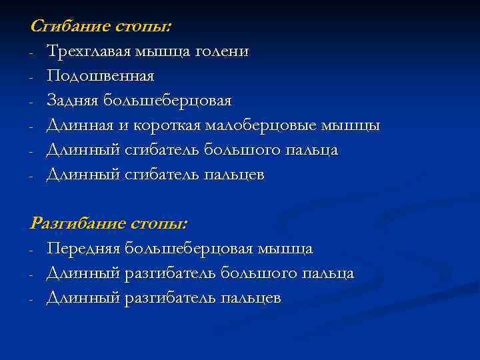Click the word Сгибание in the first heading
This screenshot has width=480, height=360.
[x=65, y=27]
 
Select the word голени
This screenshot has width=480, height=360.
[x=227, y=51]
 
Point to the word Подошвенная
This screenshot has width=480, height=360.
[x=100, y=76]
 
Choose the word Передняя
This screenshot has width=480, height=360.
[x=83, y=249]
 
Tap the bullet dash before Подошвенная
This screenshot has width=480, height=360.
[x=32, y=77]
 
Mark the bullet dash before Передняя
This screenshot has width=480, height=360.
[x=32, y=249]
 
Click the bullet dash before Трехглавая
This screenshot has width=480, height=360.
[x=32, y=52]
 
